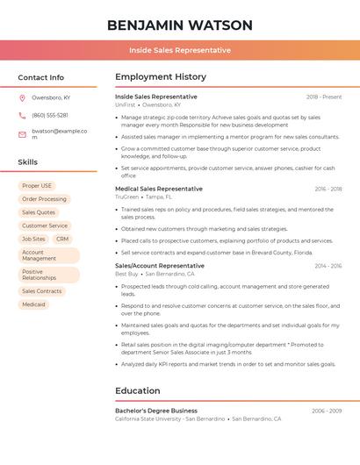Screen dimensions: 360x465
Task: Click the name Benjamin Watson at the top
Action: [180, 25]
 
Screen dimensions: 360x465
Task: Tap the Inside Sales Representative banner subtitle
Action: [180, 50]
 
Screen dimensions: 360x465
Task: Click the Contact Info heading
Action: [40, 77]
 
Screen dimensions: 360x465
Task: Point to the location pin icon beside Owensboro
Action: [22, 97]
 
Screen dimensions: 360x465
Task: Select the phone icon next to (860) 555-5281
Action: [22, 115]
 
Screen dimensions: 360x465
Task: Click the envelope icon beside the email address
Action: [22, 134]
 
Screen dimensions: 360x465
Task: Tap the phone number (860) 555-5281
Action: [50, 115]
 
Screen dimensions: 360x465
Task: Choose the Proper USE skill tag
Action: [37, 186]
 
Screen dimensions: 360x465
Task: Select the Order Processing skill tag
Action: [44, 199]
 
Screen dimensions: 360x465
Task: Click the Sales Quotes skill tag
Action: [39, 212]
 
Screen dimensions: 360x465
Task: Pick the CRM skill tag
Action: [61, 239]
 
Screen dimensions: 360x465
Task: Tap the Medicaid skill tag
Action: [33, 304]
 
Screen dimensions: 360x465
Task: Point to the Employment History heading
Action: [161, 77]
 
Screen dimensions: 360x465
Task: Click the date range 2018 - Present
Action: [324, 97]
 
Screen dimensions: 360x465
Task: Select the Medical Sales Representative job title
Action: [159, 189]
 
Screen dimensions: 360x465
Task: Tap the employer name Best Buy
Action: [126, 274]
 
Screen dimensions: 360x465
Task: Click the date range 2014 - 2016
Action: [328, 266]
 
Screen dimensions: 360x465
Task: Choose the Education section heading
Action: [138, 390]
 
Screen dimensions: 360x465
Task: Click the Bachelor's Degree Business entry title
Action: [156, 411]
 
